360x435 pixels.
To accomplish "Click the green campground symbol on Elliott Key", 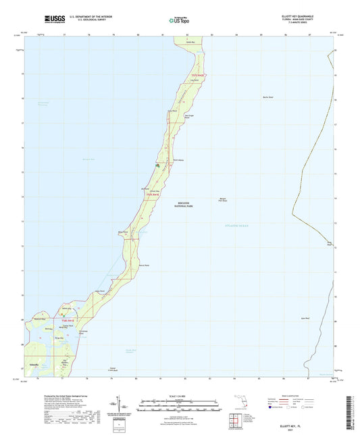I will (157, 164).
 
